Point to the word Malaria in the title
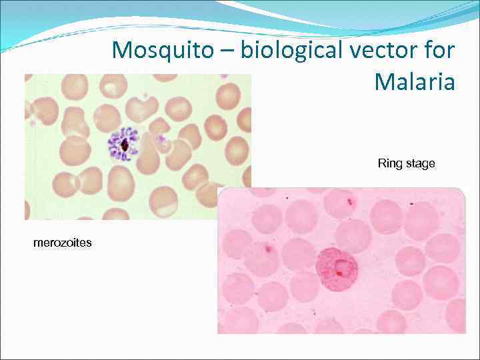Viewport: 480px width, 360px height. pos(415,82)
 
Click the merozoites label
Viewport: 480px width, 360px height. pos(63,243)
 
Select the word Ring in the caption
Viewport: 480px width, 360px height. pos(389,163)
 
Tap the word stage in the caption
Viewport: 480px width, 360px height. pos(420,164)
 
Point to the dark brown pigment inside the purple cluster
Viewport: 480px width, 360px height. pos(125,144)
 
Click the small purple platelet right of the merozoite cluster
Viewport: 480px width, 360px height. pos(159,140)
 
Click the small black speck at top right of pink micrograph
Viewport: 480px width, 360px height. pos(412,202)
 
